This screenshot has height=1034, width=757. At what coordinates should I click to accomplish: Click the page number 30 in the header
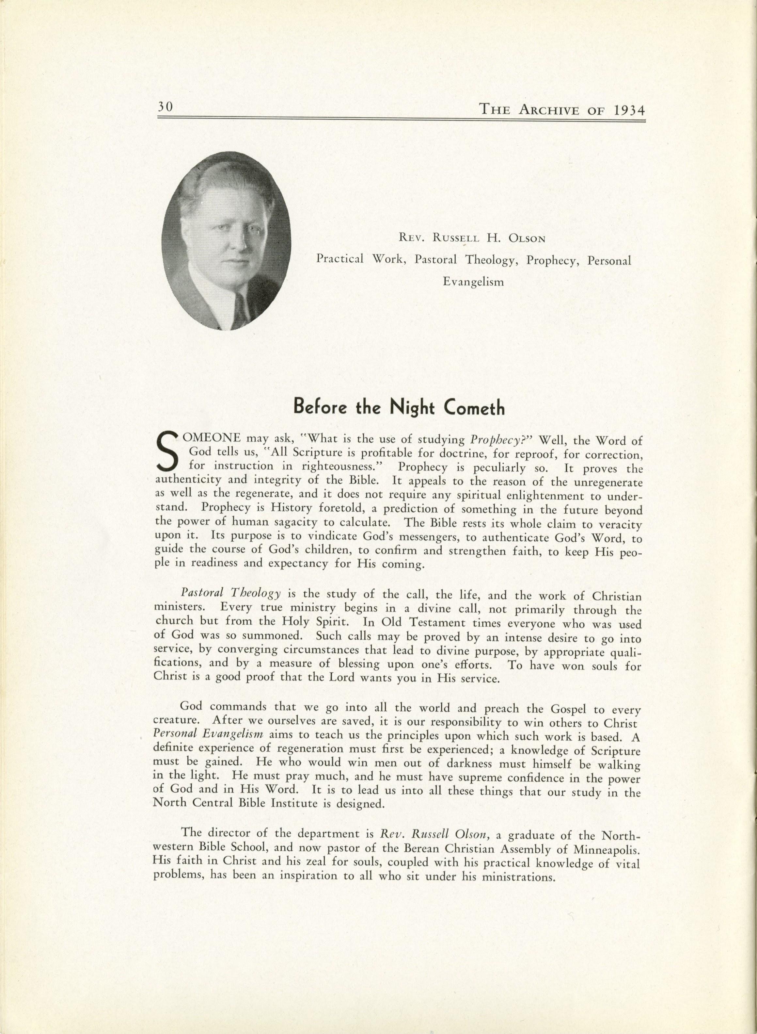pos(165,107)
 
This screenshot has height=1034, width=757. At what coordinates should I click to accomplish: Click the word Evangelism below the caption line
pos(473,282)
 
